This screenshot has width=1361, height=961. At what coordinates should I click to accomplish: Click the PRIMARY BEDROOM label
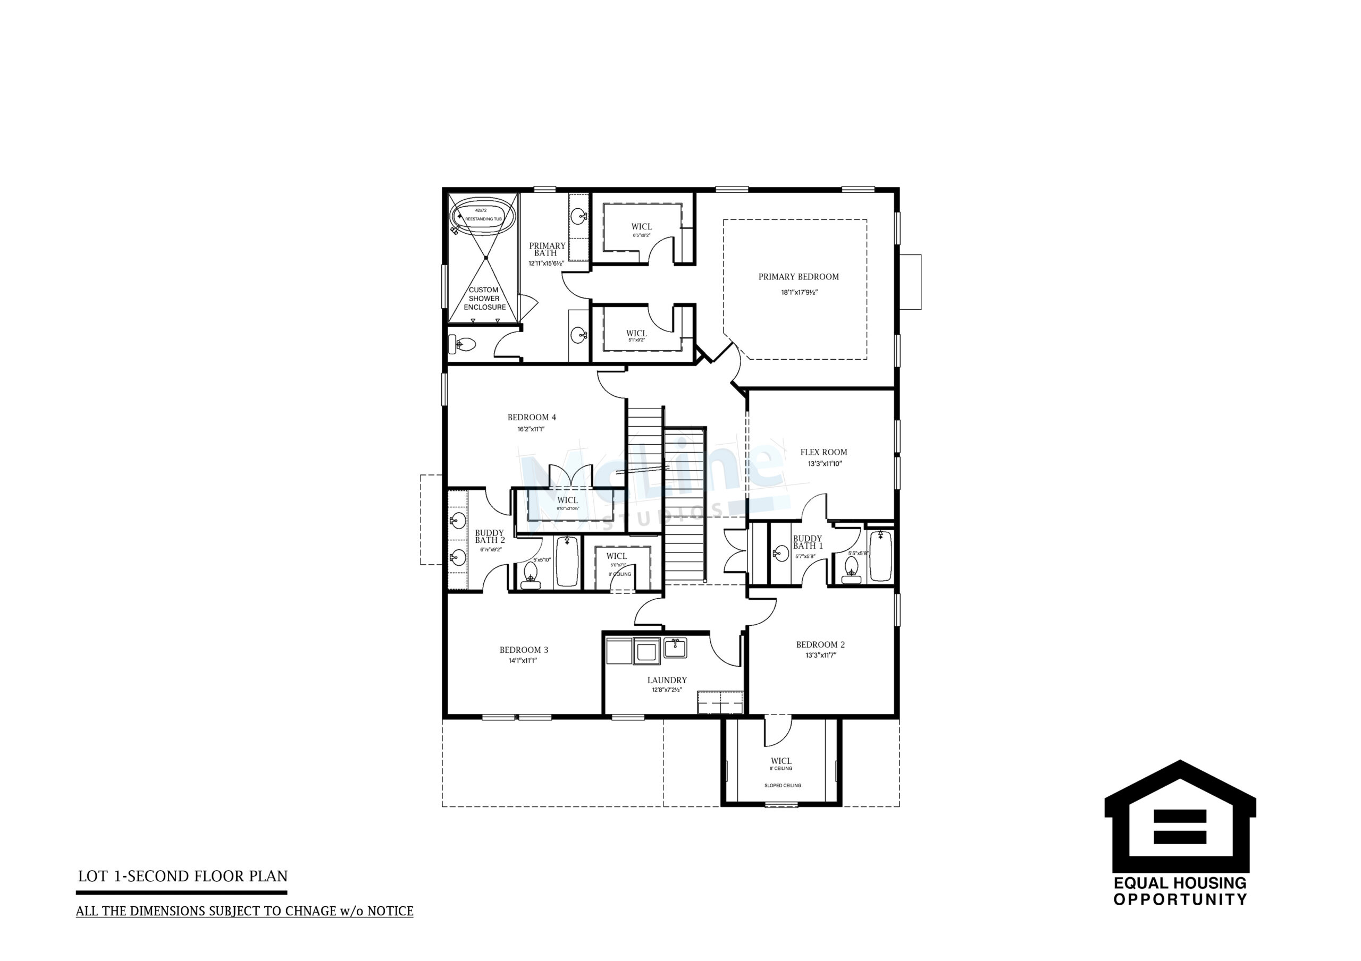[x=799, y=277]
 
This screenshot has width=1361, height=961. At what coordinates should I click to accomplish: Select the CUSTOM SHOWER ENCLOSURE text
[x=484, y=299]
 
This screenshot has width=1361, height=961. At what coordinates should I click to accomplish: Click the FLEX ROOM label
[x=824, y=452]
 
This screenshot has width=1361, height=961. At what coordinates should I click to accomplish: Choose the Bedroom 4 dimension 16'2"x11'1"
[x=531, y=429]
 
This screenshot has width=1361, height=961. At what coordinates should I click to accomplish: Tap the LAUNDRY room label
[x=667, y=680]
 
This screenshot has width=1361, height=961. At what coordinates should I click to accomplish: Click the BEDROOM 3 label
[x=524, y=650]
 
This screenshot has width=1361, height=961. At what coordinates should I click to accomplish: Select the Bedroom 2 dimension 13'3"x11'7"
[x=820, y=656]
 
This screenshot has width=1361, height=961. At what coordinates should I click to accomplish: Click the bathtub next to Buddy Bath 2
[x=567, y=561]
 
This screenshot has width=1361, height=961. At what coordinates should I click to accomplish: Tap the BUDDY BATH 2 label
[x=490, y=536]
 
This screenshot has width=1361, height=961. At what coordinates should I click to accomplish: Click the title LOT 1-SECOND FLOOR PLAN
[x=182, y=877]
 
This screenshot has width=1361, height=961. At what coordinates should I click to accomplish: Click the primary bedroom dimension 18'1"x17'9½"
[x=799, y=292]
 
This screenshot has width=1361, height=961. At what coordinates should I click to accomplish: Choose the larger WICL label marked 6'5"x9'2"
[x=641, y=227]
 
